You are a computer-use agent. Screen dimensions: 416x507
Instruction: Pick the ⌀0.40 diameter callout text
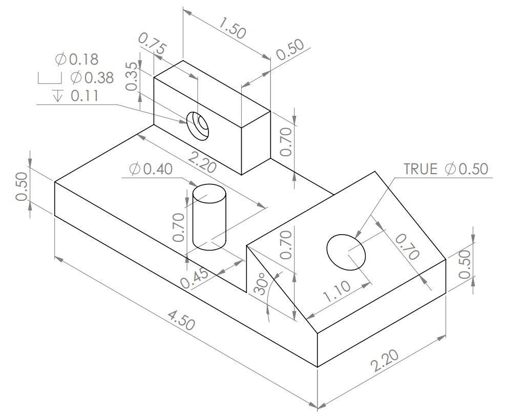151,169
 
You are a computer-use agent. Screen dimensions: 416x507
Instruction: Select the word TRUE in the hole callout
420,169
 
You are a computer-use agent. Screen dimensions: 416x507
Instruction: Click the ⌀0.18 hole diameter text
76,59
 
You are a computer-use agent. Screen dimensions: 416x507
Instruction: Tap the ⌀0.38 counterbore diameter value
92,78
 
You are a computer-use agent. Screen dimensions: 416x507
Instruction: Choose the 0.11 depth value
84,96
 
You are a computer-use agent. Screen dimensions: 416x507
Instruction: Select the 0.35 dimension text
132,76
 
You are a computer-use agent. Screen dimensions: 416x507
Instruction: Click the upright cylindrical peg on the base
209,218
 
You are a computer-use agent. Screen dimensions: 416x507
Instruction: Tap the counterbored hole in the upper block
198,125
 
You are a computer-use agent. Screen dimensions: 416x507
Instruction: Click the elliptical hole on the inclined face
347,252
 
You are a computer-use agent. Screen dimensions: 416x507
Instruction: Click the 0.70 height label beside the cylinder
179,227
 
